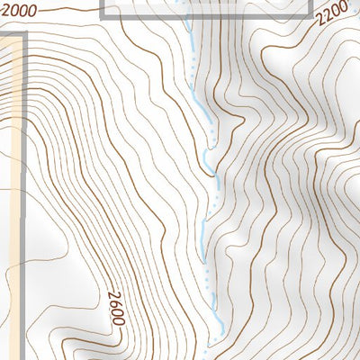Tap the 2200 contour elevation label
[x=331, y=16]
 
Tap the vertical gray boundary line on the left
[x=22, y=135]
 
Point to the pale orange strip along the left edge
[x=9, y=135]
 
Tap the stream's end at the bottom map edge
[x=209, y=356]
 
